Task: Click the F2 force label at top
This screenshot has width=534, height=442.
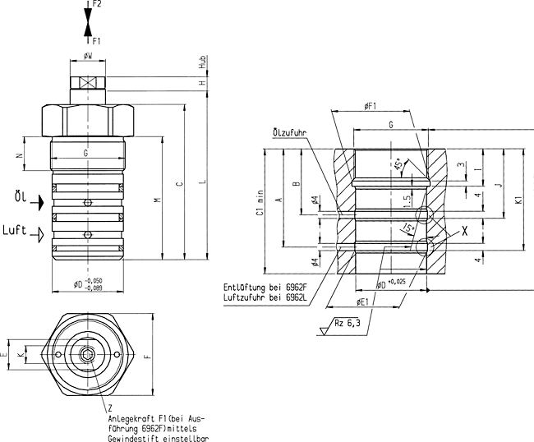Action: [x=97, y=5]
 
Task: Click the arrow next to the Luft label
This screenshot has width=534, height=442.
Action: [x=35, y=234]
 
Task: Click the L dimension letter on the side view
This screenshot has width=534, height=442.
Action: [x=200, y=182]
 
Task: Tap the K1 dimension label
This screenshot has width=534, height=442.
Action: [x=518, y=199]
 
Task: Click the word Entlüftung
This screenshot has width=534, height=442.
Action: [x=246, y=287]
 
